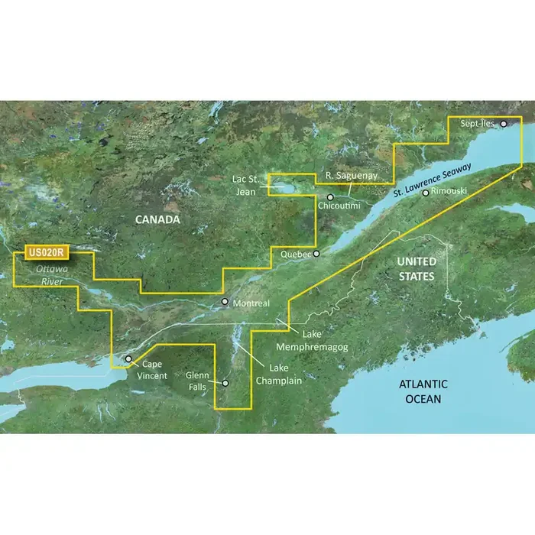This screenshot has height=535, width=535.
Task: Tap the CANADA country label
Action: click(157, 220)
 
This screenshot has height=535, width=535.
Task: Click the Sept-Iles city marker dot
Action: click(504, 122)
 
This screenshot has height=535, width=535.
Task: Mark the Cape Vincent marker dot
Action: click(129, 358)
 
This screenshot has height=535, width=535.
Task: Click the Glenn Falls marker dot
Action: click(225, 382)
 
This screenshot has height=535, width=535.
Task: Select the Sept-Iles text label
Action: click(479, 122)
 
